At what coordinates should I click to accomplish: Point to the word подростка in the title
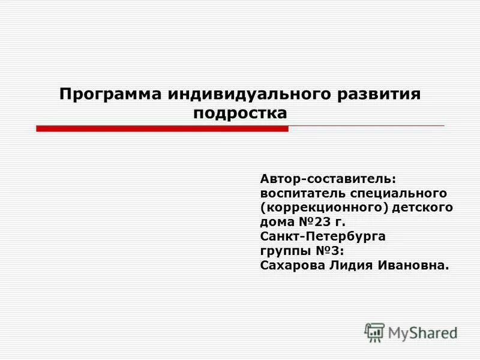(x=240, y=113)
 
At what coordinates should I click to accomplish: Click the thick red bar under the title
(x=162, y=128)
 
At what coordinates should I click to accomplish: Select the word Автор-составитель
(x=328, y=179)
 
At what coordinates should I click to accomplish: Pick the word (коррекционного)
(x=323, y=208)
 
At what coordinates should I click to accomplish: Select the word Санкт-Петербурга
(x=323, y=236)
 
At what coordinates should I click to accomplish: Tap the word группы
(x=280, y=251)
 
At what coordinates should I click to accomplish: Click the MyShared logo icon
(x=374, y=332)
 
